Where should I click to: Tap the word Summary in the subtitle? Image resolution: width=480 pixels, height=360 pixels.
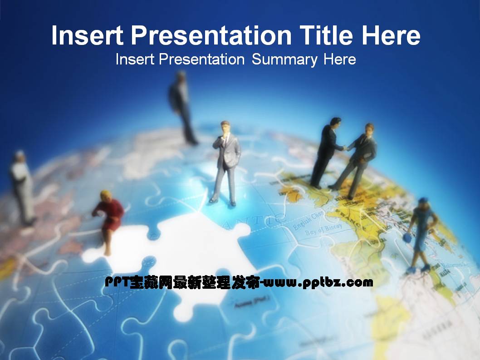(284, 59)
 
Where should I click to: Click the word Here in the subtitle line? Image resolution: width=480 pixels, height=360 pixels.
(339, 59)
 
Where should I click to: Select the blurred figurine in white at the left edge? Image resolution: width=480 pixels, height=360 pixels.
(22, 186)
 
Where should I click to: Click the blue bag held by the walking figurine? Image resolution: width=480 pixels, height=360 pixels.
(407, 237)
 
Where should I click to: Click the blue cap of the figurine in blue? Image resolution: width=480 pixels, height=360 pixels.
(423, 200)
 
